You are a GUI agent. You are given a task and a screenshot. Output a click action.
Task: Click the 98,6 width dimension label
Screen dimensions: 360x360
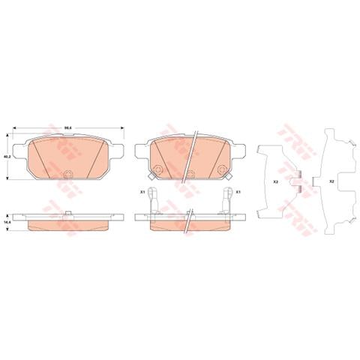coord(67,128)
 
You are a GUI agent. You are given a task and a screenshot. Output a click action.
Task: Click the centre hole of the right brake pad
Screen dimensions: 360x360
coord(190,175)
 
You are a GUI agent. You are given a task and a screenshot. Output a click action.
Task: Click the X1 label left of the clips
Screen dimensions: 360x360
coord(142,193)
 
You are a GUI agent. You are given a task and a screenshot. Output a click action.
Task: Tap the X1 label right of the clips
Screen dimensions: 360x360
coord(238,193)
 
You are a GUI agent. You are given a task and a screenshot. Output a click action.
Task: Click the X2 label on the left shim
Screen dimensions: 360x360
coord(275,182)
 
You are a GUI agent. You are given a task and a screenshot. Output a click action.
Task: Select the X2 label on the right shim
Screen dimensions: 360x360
coord(331,182)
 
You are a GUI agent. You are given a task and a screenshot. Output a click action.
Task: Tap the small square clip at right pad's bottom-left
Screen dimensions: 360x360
coord(151,177)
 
